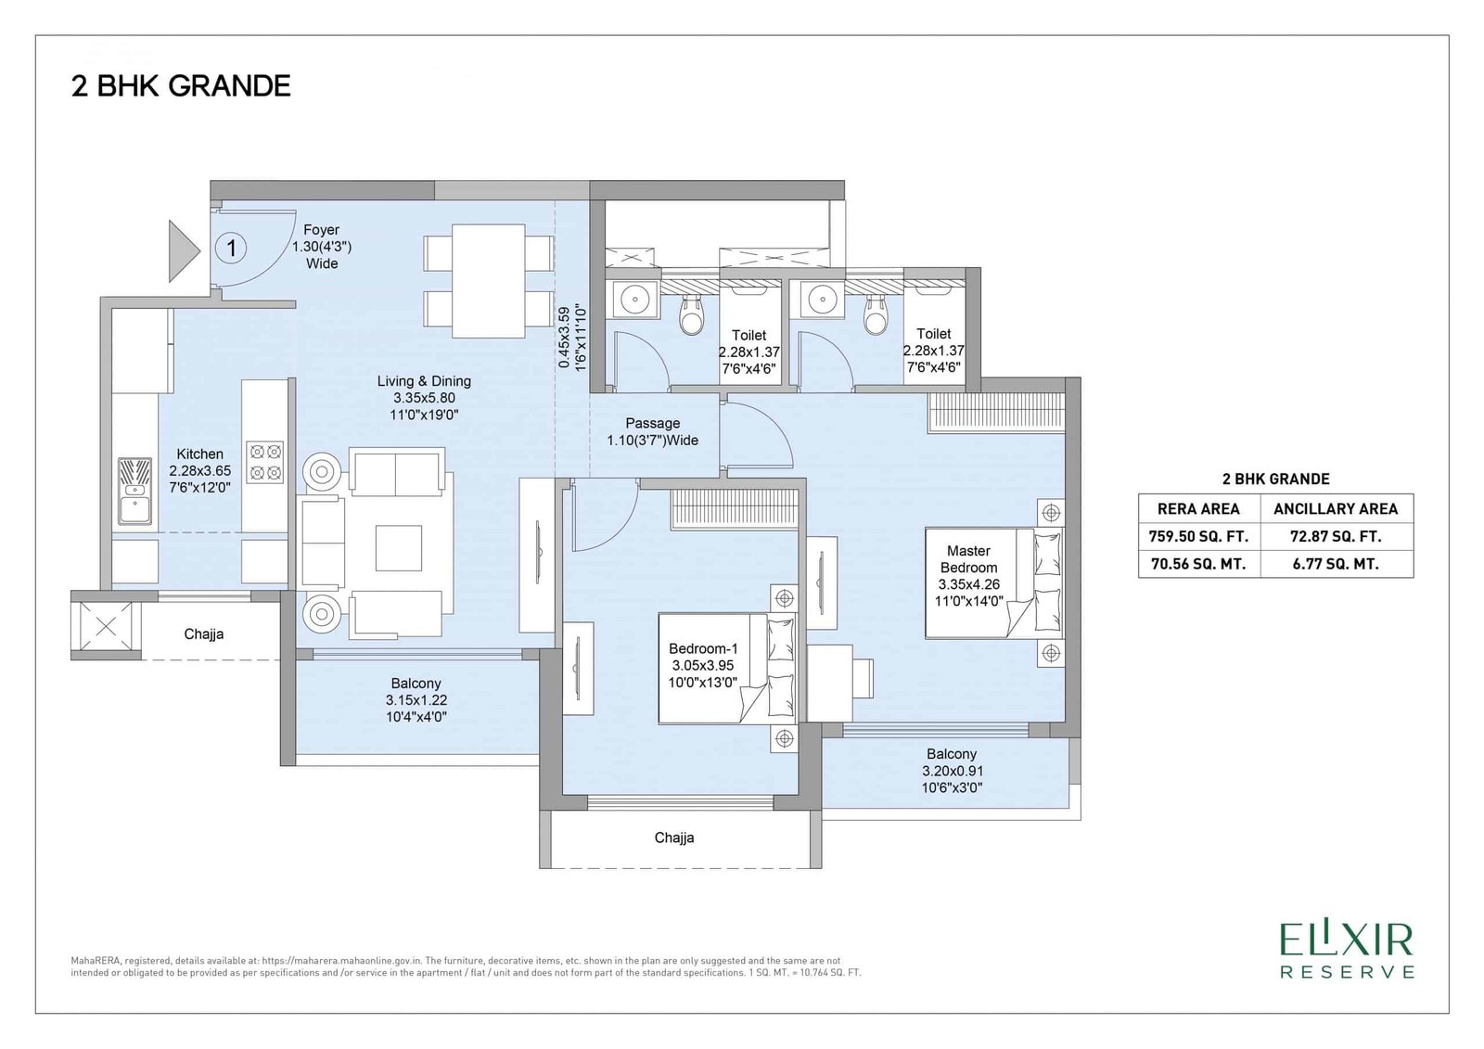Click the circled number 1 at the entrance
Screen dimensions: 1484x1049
231,249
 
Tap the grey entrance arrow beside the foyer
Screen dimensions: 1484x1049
183,251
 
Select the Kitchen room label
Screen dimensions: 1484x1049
200,471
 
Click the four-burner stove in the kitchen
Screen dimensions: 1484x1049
265,462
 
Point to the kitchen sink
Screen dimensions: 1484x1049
135,491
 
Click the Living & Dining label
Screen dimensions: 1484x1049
424,398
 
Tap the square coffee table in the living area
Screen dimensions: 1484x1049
399,548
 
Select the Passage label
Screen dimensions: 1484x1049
653,431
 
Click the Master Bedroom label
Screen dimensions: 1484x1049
968,576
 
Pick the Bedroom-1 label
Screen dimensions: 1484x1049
703,665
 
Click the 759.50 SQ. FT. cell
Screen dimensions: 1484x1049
1198,536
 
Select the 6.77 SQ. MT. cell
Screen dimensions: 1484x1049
1336,564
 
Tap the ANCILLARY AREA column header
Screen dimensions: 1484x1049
1336,508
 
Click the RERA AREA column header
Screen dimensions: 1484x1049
1198,508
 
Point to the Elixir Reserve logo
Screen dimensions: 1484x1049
1348,951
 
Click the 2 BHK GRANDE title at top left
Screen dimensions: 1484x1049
181,86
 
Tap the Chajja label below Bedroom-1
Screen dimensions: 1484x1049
673,838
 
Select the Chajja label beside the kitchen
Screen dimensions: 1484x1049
203,634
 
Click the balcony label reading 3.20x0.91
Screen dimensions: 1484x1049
952,771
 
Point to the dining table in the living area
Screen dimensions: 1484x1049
489,281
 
